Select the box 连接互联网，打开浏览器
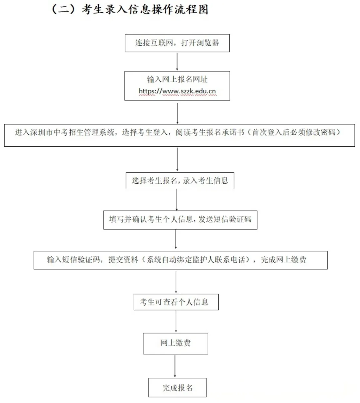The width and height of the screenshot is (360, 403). tap(177, 43)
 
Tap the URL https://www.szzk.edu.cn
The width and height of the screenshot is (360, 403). tap(177, 91)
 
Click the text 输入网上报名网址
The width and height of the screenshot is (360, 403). tap(177, 79)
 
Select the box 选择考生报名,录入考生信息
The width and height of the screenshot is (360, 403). tap(180, 181)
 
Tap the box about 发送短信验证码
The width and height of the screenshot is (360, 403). tap(180, 220)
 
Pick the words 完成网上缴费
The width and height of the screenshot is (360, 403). tap(283, 260)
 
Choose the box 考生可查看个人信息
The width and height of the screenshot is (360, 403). tap(176, 302)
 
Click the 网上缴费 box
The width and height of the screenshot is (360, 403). tap(175, 343)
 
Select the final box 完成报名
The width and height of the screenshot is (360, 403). tap(177, 388)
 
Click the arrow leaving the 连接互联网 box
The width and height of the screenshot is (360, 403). tap(177, 61)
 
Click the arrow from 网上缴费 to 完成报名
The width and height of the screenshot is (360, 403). tap(175, 366)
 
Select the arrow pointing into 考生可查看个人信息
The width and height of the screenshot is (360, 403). tap(176, 282)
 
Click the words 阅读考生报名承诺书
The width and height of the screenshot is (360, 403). tap(210, 133)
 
